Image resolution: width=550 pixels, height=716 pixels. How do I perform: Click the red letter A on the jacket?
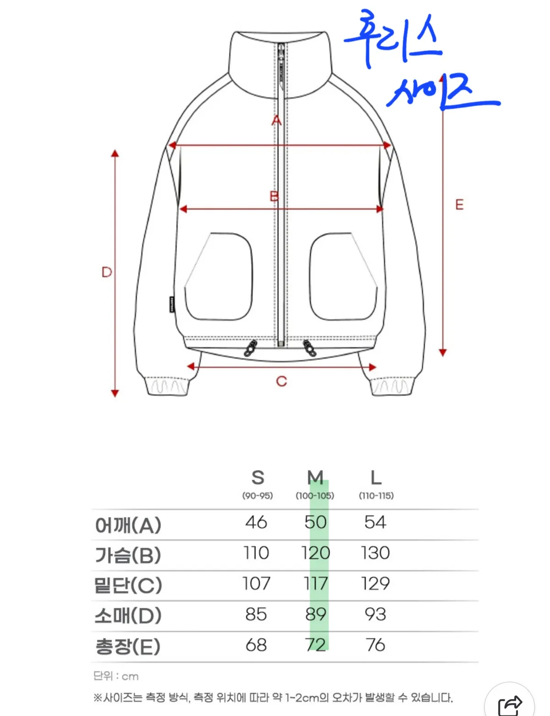click(x=276, y=120)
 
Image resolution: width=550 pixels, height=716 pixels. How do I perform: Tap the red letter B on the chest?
click(x=274, y=197)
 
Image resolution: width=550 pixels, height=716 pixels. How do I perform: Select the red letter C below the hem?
click(x=281, y=381)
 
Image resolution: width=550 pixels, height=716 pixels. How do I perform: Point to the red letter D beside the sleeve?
click(x=107, y=272)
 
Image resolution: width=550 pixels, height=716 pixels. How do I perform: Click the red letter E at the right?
click(x=459, y=205)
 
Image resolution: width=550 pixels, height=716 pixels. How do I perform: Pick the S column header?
click(x=258, y=477)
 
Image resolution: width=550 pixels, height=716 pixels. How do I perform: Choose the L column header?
click(x=376, y=477)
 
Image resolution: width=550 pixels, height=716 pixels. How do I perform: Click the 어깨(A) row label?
click(x=128, y=525)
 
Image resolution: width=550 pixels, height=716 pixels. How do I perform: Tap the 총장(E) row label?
click(x=128, y=646)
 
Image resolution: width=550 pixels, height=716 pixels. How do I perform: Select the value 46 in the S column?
click(x=256, y=522)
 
